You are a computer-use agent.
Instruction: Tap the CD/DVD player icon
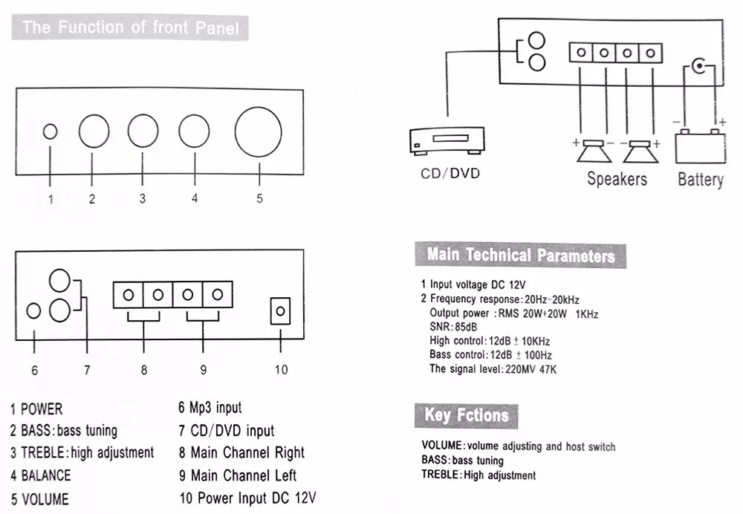click(447, 140)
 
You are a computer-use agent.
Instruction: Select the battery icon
click(700, 146)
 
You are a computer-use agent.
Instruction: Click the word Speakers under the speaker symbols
click(617, 179)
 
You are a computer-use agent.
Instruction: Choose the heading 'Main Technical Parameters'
click(520, 256)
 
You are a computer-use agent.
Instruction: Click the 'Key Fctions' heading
click(467, 415)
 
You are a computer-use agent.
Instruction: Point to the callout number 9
click(204, 370)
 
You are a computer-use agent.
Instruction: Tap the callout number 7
click(87, 370)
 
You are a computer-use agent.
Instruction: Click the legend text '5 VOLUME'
click(40, 499)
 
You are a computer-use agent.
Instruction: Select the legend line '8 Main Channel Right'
click(241, 453)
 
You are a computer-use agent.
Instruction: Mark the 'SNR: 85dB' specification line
click(453, 327)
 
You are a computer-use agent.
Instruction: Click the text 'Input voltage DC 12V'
click(478, 284)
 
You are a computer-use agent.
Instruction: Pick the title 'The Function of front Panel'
click(130, 27)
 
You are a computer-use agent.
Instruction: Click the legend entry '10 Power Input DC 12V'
click(247, 498)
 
